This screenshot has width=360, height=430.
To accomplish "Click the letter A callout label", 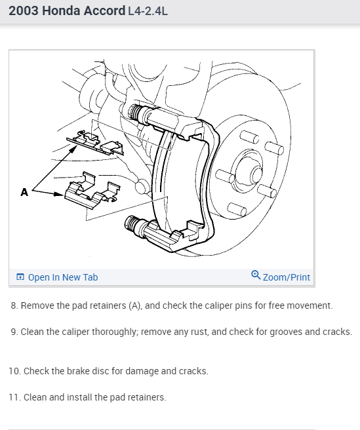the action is click(24, 192).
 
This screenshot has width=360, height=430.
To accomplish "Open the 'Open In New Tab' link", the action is click(63, 277).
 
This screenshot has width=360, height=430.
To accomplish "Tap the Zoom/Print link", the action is click(286, 277).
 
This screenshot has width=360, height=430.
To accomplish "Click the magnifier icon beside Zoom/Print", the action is click(256, 275).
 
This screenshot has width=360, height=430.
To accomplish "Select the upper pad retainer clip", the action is click(95, 143).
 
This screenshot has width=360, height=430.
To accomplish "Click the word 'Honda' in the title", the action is click(61, 11).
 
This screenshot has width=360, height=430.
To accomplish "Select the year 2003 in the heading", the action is click(24, 11).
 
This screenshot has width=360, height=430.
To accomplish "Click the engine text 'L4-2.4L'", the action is click(148, 11).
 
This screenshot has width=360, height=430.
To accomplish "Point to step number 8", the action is click(14, 305).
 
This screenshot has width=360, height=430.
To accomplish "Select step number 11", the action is click(15, 397).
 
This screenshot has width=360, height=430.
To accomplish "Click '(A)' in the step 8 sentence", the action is click(135, 305).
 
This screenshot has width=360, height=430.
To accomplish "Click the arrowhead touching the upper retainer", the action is click(73, 149).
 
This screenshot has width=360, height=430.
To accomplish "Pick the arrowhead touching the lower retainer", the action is click(59, 194).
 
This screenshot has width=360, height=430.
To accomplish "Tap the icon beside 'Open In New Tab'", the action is click(20, 277).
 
